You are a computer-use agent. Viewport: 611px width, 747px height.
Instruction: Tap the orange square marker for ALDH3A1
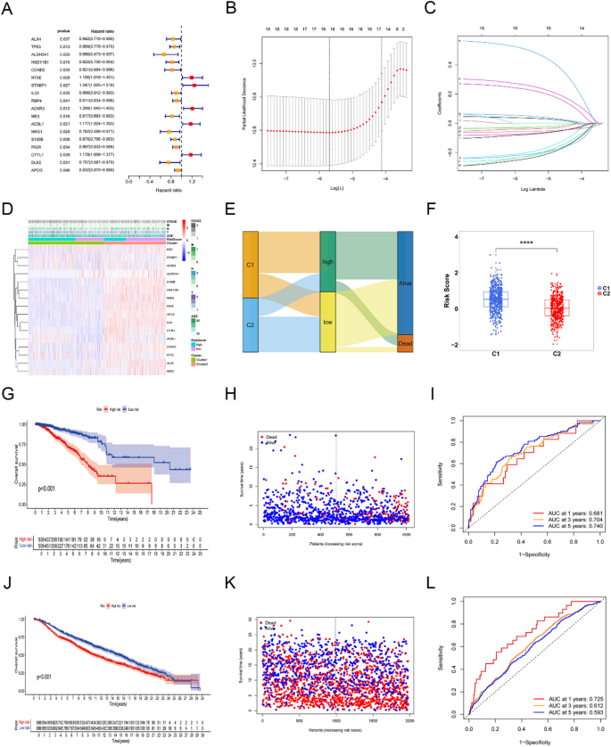(164, 54)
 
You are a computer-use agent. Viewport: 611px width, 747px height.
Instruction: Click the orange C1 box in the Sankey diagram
(225, 264)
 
